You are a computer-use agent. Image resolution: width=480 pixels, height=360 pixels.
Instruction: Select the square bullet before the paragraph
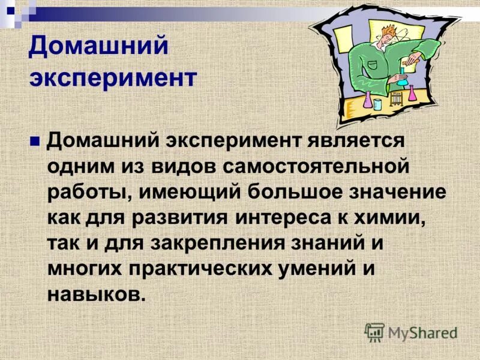(35, 142)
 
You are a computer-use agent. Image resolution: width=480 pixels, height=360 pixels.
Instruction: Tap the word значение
(394, 193)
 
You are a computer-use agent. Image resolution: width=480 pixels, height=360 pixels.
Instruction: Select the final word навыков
(96, 295)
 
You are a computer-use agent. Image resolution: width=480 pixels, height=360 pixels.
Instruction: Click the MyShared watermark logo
(411, 332)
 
